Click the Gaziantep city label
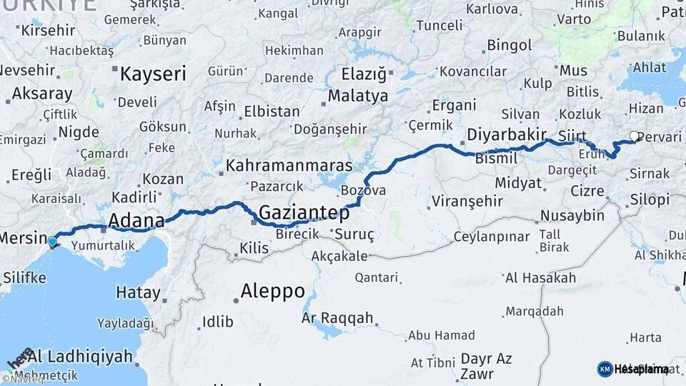(304, 213)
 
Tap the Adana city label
(136, 219)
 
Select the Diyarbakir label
(507, 134)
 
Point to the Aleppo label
(272, 292)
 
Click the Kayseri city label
(153, 74)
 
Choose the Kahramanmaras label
(289, 166)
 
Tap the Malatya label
(358, 96)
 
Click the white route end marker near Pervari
(634, 136)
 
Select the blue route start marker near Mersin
(52, 242)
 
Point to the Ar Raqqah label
(338, 318)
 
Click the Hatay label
(138, 292)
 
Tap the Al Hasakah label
(540, 278)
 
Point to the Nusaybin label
(572, 216)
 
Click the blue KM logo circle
(605, 369)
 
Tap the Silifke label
(24, 277)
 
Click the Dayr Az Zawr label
(486, 365)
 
